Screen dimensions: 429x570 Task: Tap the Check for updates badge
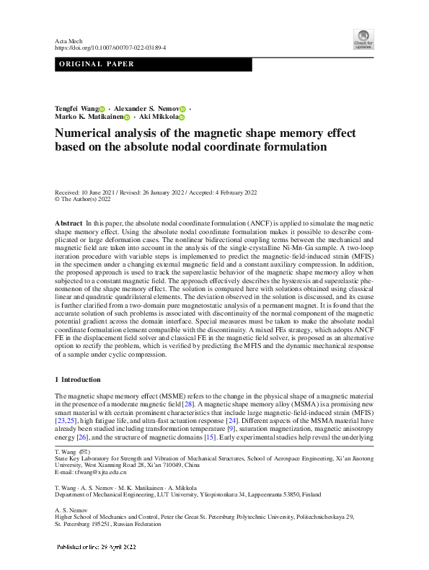(363, 40)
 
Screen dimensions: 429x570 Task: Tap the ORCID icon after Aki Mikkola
(182, 117)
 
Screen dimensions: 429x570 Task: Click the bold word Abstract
(68, 224)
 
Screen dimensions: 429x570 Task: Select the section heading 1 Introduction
(78, 379)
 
